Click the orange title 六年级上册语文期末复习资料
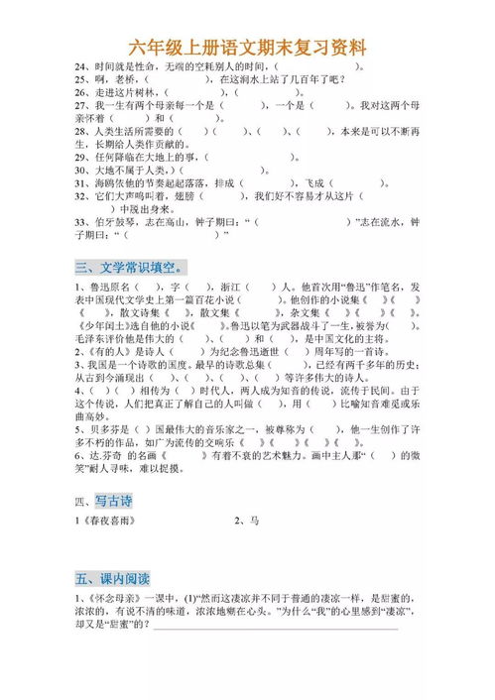tap(247, 47)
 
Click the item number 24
tap(80, 63)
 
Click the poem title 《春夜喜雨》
tap(107, 520)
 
